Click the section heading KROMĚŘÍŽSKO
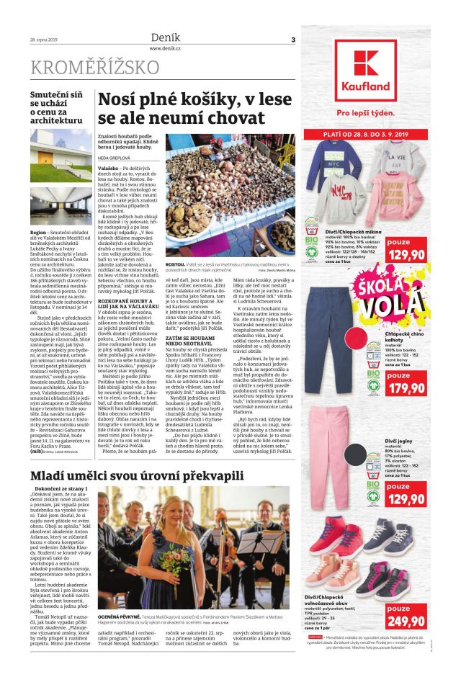pos(94,68)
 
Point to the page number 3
pos(293,39)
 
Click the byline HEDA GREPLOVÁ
pos(116,157)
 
